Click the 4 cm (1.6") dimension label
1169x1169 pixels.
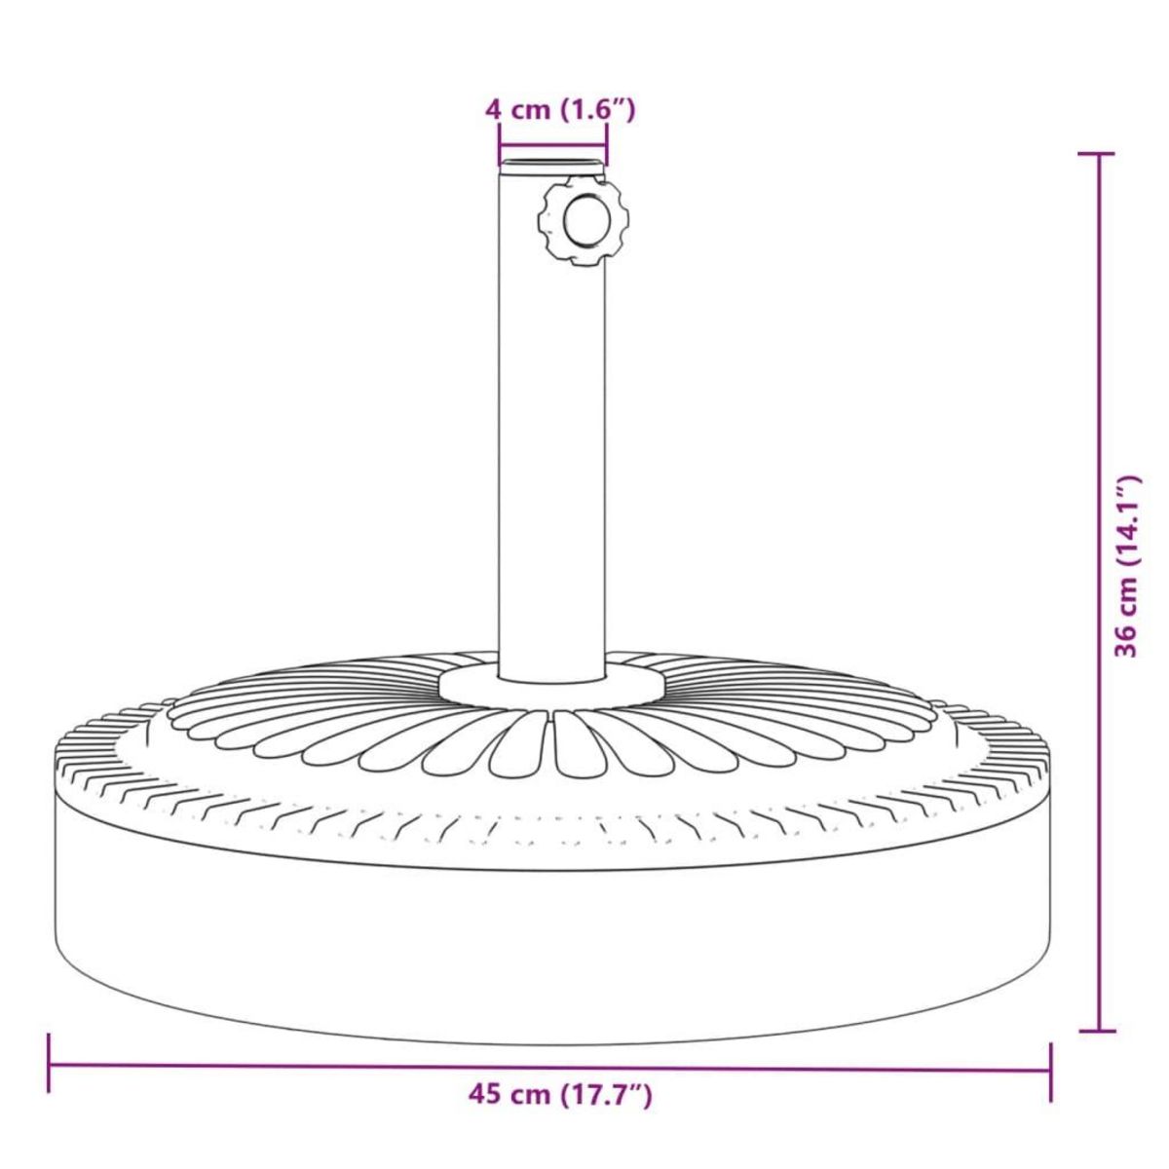coord(560,109)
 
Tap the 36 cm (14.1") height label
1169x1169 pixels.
coord(1127,566)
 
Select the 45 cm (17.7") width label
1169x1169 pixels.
coord(560,1095)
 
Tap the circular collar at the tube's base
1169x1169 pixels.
coord(551,685)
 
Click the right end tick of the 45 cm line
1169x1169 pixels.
coord(1050,1071)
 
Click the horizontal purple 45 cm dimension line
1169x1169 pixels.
coord(292,1065)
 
